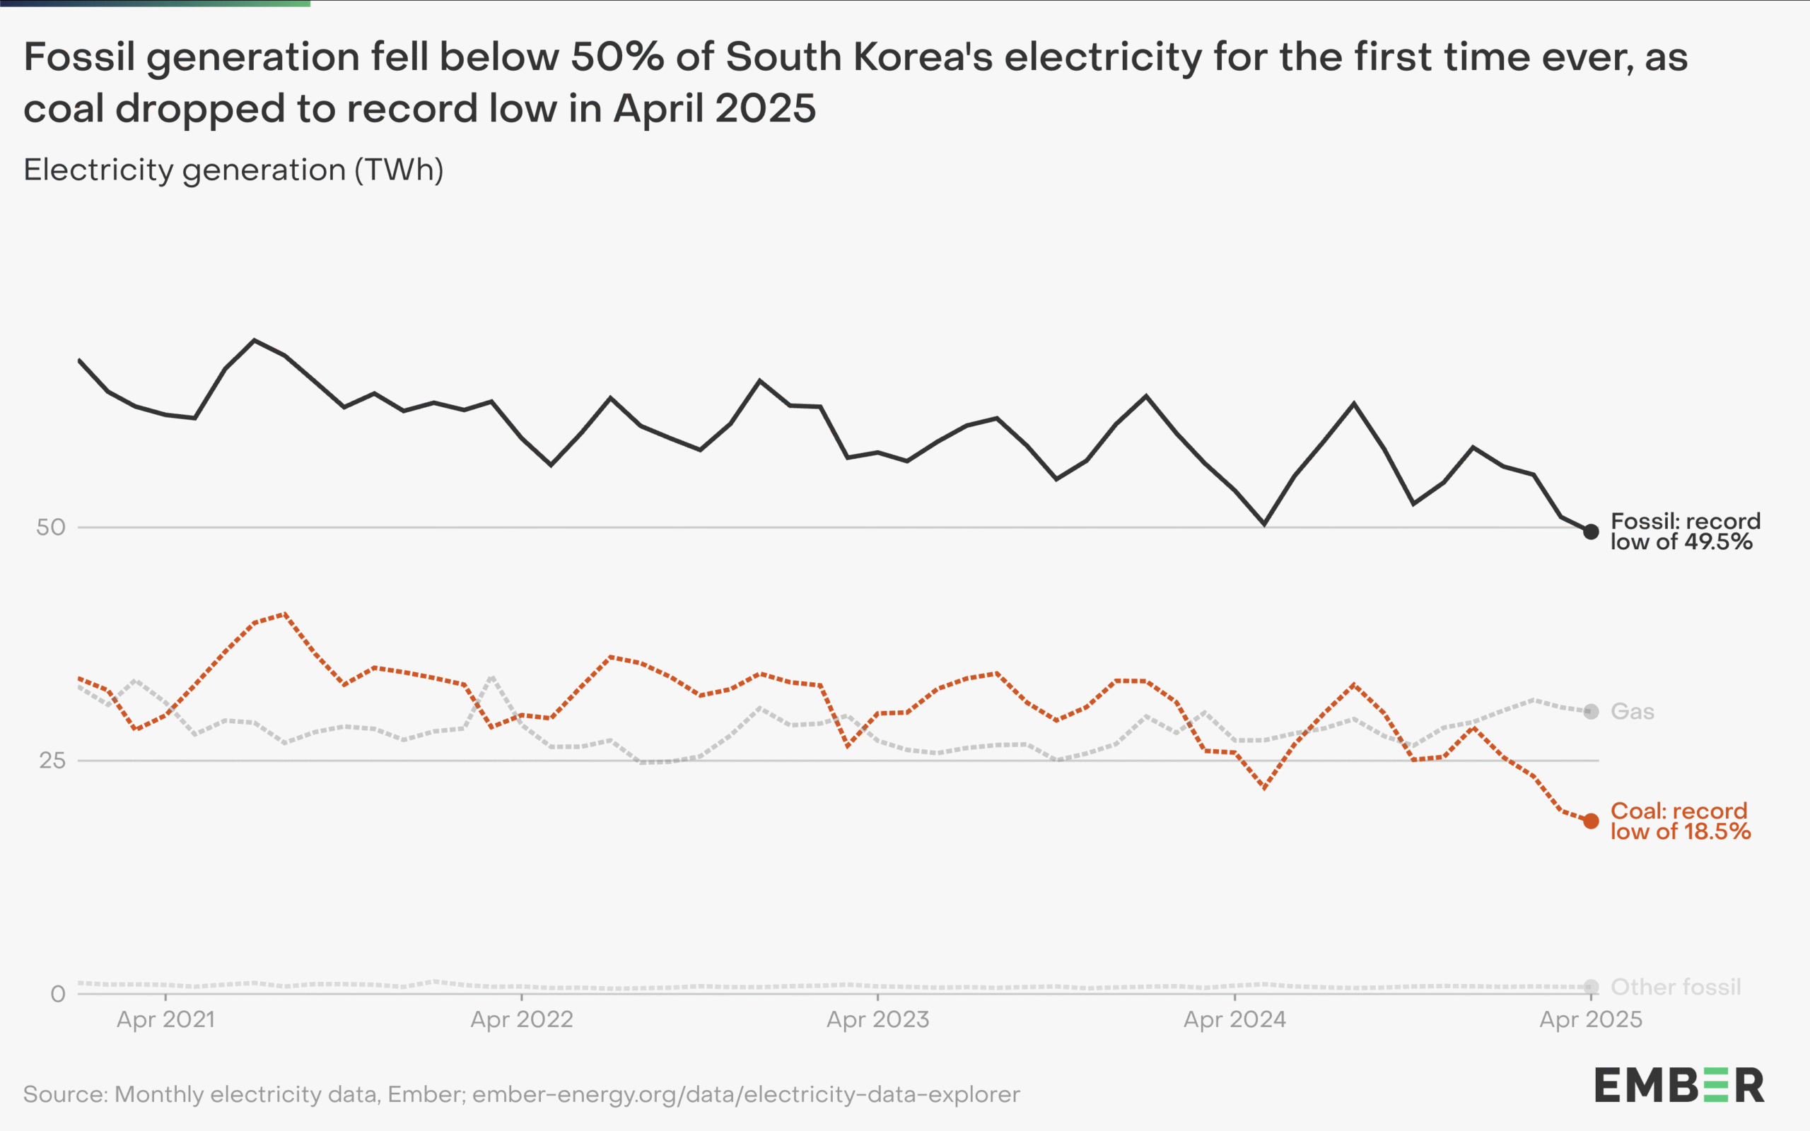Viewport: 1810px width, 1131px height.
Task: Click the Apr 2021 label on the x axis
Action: tap(165, 1019)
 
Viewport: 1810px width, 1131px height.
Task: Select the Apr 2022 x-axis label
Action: tap(521, 1019)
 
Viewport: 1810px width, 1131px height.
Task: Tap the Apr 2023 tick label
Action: tap(877, 1019)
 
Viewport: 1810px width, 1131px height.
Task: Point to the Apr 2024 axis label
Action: tap(1234, 1019)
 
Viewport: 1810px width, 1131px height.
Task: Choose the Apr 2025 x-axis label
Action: tap(1591, 1019)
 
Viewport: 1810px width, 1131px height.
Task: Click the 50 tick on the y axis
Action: tap(51, 527)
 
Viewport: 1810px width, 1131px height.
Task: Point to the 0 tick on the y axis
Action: tap(57, 994)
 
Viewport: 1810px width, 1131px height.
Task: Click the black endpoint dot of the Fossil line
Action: tap(1591, 532)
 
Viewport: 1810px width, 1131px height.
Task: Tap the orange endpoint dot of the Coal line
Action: tap(1591, 821)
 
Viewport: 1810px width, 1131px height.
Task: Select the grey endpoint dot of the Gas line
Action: tap(1591, 711)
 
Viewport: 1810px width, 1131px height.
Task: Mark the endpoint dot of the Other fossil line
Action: tap(1591, 988)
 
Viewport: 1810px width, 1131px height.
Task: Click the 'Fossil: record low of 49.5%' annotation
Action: tap(1685, 531)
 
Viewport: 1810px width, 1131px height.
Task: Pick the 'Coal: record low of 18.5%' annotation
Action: tap(1680, 821)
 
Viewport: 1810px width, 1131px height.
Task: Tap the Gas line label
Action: tap(1632, 711)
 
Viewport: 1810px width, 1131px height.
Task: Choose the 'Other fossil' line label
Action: tap(1676, 988)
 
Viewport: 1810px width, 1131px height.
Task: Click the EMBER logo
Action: tap(1678, 1085)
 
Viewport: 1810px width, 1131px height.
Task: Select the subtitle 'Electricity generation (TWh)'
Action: tap(233, 170)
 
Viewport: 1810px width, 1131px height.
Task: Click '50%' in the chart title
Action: tap(617, 57)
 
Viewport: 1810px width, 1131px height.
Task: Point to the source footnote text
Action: tap(521, 1094)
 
